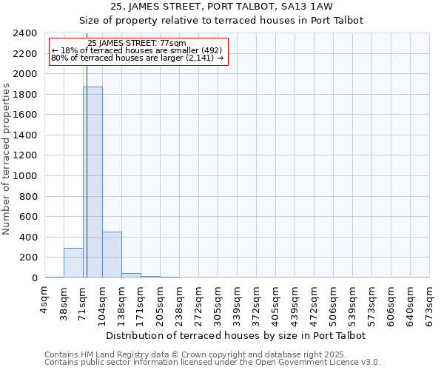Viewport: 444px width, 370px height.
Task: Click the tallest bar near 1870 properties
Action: [x=92, y=182]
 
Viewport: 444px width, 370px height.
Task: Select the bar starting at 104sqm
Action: [x=112, y=255]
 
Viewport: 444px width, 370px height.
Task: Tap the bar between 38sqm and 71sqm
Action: [x=73, y=263]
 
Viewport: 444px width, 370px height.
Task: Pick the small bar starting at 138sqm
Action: [x=131, y=275]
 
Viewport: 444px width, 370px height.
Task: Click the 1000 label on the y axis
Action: [x=25, y=176]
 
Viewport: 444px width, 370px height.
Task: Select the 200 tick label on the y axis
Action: [x=28, y=258]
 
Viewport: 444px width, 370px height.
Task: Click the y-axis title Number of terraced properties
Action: [x=7, y=159]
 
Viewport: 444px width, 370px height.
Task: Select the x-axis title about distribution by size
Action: [x=236, y=335]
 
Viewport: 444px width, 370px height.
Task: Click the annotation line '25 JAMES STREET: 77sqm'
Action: [x=137, y=44]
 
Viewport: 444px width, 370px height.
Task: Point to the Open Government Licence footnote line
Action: [x=212, y=362]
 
